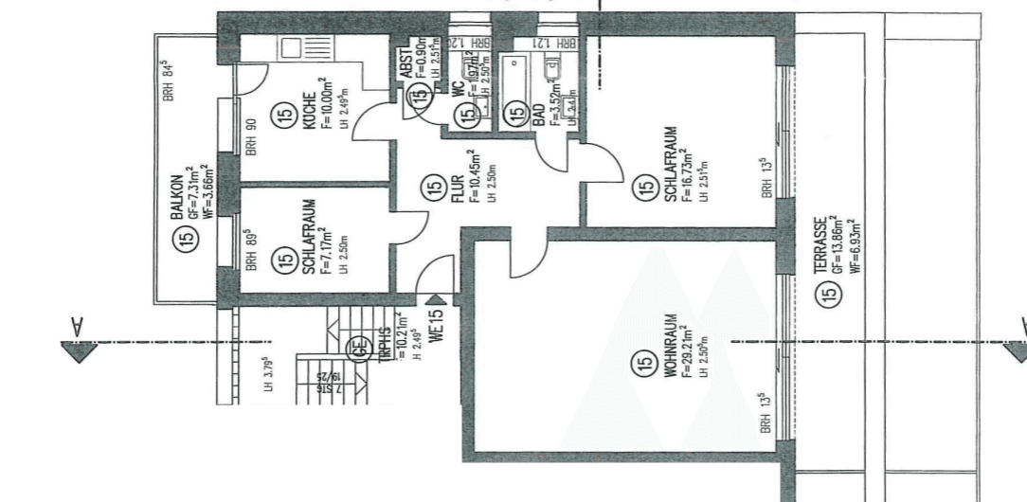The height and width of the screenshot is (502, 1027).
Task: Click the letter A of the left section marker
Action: pos(78,326)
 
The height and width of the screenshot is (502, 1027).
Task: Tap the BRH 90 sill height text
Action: pos(252,137)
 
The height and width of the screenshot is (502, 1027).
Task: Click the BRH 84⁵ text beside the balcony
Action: pos(169,79)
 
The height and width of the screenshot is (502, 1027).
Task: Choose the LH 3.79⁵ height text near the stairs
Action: pos(269,374)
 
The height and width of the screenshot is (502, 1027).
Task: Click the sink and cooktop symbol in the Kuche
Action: pos(289,48)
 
